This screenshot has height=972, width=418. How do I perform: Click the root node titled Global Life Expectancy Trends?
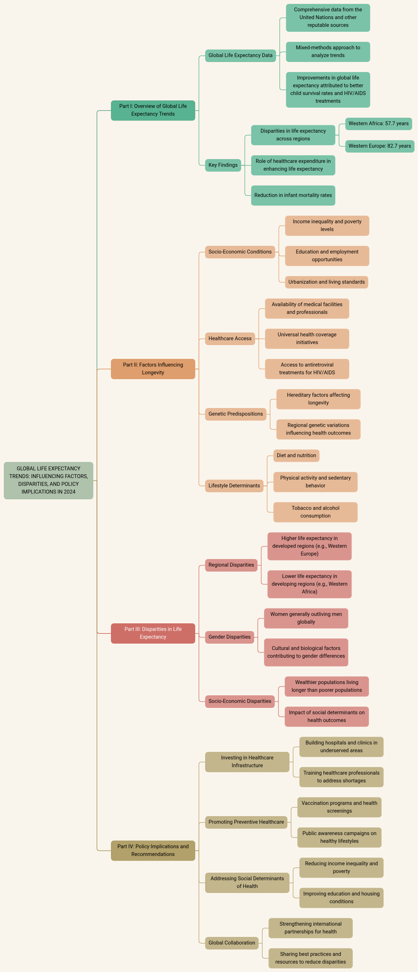48,480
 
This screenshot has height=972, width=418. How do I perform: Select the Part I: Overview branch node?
153,110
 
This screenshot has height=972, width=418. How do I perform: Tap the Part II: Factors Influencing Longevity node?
153,369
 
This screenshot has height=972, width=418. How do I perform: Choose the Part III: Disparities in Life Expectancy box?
153,633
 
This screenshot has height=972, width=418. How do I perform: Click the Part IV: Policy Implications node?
153,850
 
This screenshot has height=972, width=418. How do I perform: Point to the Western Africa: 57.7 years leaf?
378,123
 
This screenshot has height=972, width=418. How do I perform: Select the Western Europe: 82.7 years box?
380,146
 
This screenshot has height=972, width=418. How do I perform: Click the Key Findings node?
223,165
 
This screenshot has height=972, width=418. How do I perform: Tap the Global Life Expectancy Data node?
240,55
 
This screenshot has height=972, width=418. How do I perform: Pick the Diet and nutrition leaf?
296,456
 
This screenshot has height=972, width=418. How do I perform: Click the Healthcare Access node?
230,338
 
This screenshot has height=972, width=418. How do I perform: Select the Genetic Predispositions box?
235,414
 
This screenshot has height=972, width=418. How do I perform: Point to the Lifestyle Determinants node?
234,486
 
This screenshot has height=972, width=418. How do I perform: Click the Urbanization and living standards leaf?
326,282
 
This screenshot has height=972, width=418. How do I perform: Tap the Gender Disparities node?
229,637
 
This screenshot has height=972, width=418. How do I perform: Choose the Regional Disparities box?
231,565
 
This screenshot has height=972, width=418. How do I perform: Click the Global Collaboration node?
232,943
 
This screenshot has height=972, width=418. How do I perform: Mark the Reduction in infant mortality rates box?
293,195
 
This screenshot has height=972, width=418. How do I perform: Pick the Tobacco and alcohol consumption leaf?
315,512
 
